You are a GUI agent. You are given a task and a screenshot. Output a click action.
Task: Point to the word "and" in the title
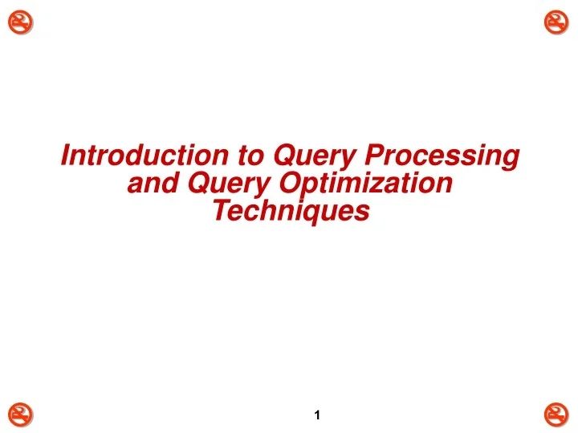click(x=154, y=184)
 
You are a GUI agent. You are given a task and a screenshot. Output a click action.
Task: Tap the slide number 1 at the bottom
click(x=319, y=415)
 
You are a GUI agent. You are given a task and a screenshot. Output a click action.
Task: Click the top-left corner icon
click(x=22, y=23)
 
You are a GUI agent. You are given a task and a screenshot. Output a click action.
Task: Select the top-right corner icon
click(x=556, y=23)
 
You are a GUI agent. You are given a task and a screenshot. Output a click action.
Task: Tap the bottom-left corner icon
click(x=22, y=414)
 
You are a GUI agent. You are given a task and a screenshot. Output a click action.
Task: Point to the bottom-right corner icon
click(x=556, y=414)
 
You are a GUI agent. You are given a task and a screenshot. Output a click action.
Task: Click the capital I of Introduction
click(x=67, y=155)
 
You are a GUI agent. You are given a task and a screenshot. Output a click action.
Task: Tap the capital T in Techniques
click(x=220, y=211)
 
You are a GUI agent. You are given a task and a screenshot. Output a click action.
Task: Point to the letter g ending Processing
click(x=510, y=160)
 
